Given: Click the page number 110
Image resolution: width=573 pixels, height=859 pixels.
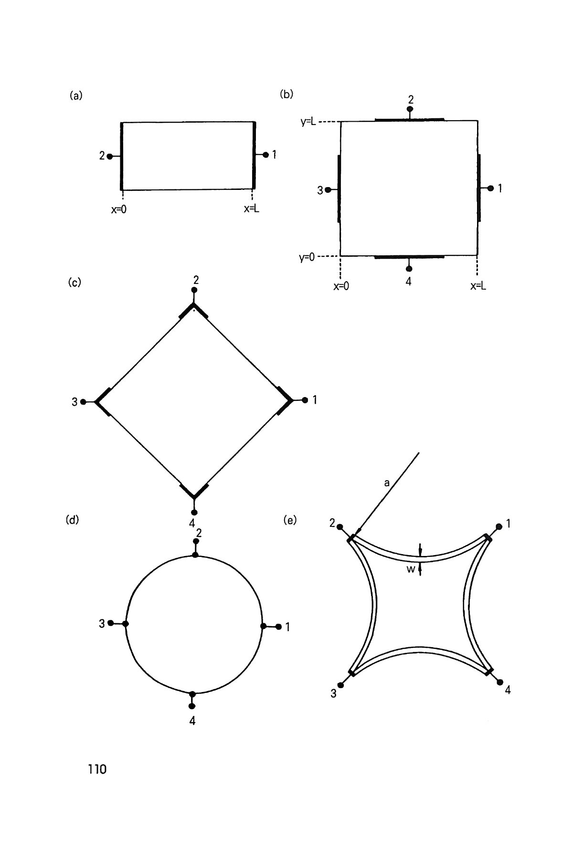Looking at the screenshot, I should (x=97, y=769).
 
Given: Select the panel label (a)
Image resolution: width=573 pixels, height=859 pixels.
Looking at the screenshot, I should (x=76, y=95).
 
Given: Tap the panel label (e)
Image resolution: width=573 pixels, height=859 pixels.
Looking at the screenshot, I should (x=290, y=520).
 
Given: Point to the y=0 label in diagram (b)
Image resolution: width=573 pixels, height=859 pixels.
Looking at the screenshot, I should (x=307, y=258).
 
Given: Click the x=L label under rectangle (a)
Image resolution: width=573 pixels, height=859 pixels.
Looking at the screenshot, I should (x=252, y=209).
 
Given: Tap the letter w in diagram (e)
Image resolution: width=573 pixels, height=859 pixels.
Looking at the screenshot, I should (x=411, y=569).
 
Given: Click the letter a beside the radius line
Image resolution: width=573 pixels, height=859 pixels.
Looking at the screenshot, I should (x=387, y=483).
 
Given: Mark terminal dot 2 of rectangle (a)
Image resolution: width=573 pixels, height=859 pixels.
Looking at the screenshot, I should (x=110, y=156).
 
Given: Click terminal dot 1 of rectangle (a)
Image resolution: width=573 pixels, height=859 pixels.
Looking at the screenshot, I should (x=265, y=155).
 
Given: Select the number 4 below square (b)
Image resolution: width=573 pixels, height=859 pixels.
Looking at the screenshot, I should (x=408, y=282).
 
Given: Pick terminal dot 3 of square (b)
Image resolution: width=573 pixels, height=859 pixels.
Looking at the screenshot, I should (x=328, y=190).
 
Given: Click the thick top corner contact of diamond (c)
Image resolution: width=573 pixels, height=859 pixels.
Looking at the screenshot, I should (x=193, y=311).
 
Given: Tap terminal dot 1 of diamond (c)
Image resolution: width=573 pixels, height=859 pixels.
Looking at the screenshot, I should (x=305, y=400).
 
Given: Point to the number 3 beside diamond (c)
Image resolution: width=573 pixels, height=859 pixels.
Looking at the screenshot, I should (x=74, y=402).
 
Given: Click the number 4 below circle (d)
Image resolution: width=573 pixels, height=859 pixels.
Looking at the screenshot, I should (x=192, y=721).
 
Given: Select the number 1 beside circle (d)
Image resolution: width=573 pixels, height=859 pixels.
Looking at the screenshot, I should (x=287, y=627).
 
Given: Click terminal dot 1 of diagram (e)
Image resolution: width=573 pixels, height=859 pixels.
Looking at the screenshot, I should (x=499, y=526).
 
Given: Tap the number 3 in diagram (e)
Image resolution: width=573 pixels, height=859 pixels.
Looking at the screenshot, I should (x=333, y=694).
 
